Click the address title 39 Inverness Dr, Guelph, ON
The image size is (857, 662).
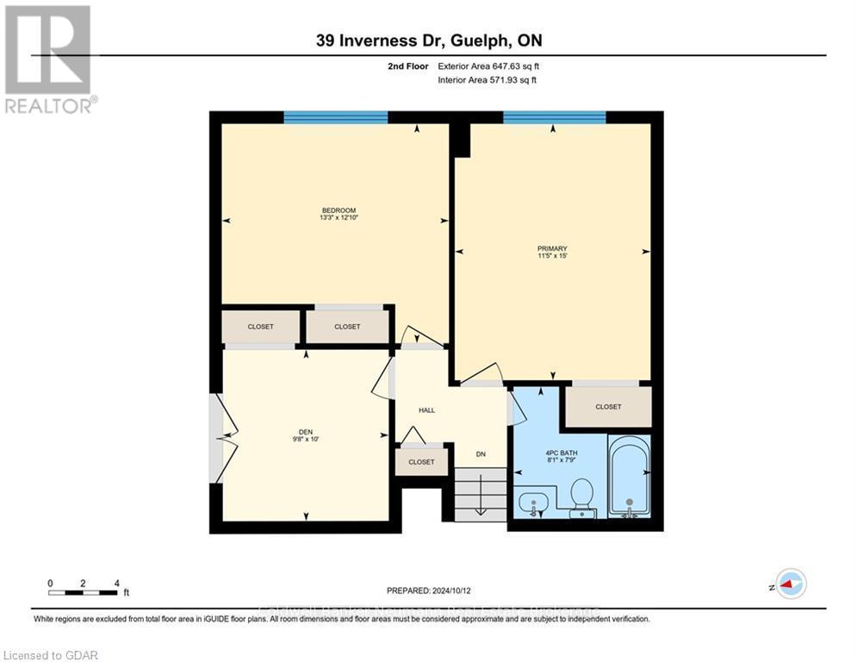coord(427,41)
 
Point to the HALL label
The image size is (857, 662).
coord(426,410)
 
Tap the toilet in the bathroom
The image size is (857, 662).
coord(581,495)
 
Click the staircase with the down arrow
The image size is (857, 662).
coord(480,495)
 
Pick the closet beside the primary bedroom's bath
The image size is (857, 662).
coord(608,406)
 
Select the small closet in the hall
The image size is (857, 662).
coord(421,462)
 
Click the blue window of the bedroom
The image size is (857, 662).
coord(335,117)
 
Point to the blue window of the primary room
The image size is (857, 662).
coord(554,117)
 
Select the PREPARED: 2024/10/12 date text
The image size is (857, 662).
coord(430,590)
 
